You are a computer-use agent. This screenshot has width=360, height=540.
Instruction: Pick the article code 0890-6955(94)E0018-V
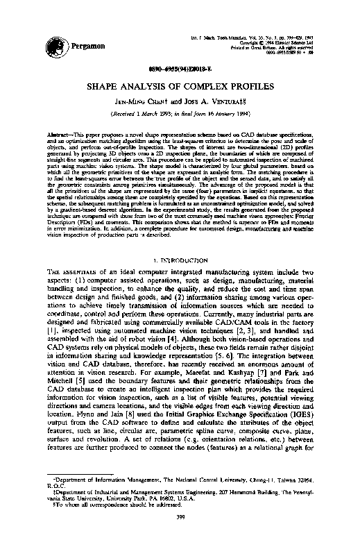180,70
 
